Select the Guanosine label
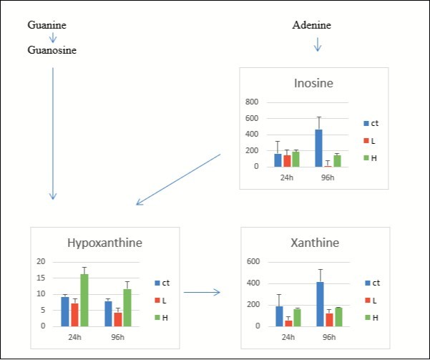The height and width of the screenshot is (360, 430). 52,51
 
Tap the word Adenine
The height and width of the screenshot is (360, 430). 312,26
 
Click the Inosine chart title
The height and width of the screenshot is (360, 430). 313,84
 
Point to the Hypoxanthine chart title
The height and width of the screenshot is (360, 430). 104,243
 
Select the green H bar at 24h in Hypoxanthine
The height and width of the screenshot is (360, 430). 84,301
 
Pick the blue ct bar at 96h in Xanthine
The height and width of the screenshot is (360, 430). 319,304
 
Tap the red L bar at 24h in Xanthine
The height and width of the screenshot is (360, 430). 288,323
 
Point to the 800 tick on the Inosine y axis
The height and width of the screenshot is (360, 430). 252,102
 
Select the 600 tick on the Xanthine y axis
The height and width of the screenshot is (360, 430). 252,261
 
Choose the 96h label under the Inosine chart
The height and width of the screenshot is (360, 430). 327,177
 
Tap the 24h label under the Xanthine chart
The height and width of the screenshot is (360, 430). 288,336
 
